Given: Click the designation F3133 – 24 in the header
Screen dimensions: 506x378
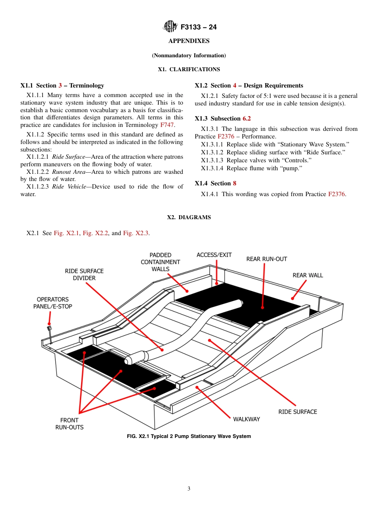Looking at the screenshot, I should [198, 27].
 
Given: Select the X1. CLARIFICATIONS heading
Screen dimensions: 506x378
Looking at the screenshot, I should [189, 69].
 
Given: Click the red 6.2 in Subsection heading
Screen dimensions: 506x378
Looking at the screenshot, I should [247, 119].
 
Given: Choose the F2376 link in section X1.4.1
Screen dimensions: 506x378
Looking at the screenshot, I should [337, 194].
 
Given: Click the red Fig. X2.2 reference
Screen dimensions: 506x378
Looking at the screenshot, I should [95, 233].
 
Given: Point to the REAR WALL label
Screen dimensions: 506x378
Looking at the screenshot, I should [308, 275].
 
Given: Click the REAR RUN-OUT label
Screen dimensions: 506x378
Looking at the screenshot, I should [266, 259].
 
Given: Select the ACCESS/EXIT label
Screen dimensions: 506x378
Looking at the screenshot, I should [214, 255].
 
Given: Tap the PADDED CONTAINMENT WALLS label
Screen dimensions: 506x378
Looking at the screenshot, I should [160, 262].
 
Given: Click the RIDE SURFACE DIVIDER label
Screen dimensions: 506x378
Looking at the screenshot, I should [84, 274].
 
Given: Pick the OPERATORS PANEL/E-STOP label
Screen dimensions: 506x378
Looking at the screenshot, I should [53, 303].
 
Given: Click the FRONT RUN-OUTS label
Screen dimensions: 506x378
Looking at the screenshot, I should [69, 424].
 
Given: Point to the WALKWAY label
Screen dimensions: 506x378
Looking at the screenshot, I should [246, 419].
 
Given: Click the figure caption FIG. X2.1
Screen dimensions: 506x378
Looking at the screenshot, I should [189, 436].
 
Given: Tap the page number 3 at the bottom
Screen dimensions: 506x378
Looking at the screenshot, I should [189, 489].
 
